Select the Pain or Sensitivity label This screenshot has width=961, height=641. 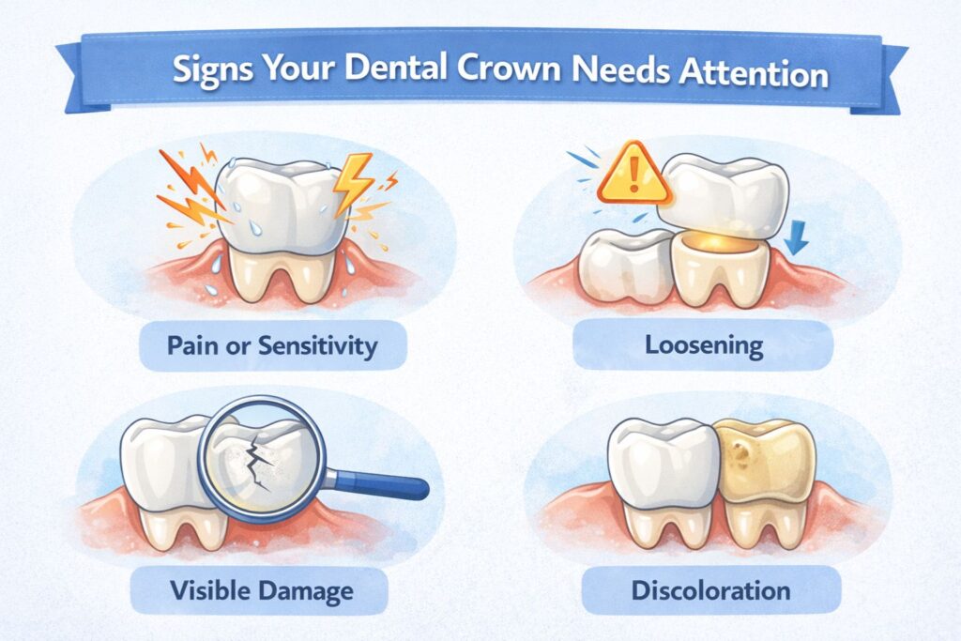272,345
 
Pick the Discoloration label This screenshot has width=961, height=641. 710,592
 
